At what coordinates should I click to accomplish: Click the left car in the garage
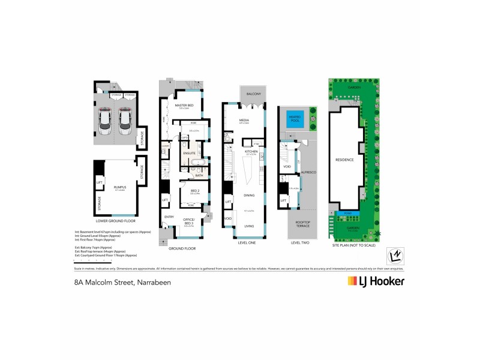click(x=105, y=119)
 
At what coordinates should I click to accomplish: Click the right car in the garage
click(x=124, y=119)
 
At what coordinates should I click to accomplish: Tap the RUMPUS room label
click(x=119, y=188)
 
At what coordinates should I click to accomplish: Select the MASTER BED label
click(x=184, y=106)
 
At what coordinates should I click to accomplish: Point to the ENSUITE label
click(x=190, y=154)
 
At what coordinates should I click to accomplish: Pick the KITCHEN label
click(x=251, y=152)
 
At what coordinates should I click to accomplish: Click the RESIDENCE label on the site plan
click(x=345, y=160)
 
